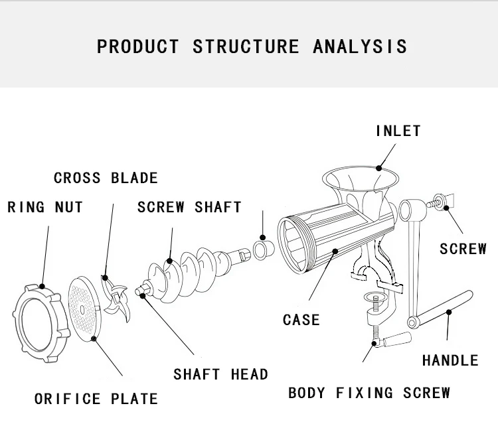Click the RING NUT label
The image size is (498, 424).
45,207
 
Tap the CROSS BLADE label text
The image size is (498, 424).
106,178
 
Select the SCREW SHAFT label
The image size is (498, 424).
189,207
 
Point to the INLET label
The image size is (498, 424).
398,131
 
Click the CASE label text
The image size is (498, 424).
301,320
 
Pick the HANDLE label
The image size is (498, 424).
450,360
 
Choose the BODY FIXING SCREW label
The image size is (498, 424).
369,392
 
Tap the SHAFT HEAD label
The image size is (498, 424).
221,374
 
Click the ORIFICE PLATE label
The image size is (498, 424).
96,399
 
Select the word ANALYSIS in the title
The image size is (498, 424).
360,46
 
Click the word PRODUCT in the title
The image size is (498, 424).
138,46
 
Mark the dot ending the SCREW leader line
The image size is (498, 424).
446,208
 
